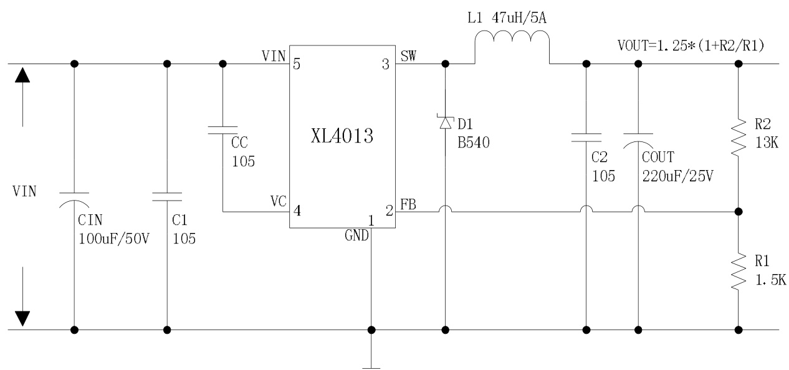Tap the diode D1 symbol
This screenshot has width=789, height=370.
[x=446, y=123]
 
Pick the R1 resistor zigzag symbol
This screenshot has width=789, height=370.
[x=739, y=270]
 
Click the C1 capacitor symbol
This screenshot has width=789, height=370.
[x=166, y=196]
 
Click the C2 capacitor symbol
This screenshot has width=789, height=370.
[x=586, y=136]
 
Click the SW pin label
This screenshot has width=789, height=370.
[x=409, y=57]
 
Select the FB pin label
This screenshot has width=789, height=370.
[x=409, y=204]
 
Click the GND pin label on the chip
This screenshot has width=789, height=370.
[x=357, y=236]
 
